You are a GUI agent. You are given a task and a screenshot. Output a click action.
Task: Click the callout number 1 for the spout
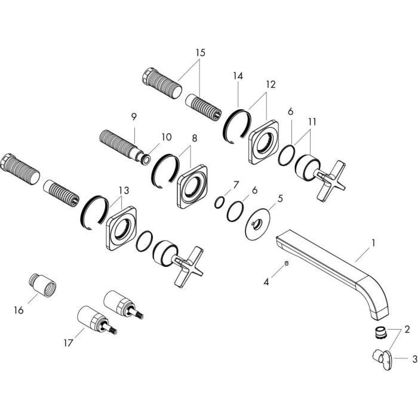click(x=373, y=243)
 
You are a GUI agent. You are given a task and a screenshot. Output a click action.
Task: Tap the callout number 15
click(x=199, y=53)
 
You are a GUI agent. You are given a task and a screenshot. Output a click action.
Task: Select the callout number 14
click(x=238, y=76)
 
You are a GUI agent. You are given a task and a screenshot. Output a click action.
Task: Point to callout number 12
click(x=271, y=84)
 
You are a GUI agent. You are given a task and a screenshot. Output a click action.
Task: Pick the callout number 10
click(x=166, y=137)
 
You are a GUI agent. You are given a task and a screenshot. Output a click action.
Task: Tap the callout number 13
click(x=124, y=190)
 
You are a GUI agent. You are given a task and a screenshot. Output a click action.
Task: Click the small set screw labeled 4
click(x=287, y=263)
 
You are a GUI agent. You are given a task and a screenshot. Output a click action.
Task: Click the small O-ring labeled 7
click(x=219, y=202)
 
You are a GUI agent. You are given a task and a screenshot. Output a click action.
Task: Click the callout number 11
click(x=312, y=121)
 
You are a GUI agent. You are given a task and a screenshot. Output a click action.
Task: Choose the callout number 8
click(x=193, y=139)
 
